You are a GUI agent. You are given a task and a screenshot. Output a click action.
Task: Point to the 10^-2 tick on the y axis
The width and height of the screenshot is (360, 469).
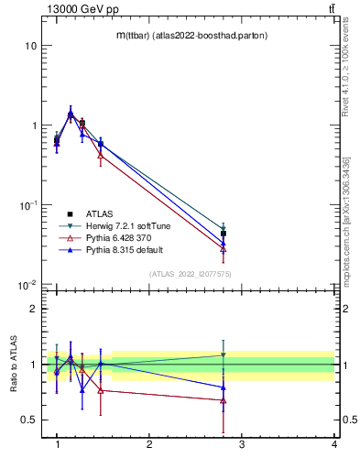point(27,285)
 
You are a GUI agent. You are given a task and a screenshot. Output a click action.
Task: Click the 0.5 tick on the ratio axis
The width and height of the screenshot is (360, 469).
point(29,420)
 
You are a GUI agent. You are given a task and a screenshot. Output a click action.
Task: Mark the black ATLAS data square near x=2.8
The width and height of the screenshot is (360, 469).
point(224,234)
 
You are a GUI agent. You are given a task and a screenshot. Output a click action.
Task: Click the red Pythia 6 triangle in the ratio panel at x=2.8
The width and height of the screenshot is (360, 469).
point(224,400)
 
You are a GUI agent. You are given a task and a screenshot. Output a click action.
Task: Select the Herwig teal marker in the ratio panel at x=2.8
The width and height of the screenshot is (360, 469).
point(224,355)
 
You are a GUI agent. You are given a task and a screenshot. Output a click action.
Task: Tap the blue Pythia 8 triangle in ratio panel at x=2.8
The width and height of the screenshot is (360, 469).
point(224,387)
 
